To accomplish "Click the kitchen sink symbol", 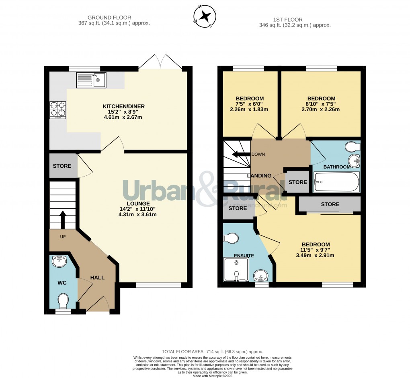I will pos(91,80).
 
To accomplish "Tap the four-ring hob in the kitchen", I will pos(58,110).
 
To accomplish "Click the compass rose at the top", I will pos(205,16).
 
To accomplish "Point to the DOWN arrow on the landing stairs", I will pos(240,154).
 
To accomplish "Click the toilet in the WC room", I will pos(63,300).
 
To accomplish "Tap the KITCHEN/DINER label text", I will pos(123,106).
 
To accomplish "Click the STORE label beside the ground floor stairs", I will pos(62,166).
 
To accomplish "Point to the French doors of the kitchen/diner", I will pos(160,63).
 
